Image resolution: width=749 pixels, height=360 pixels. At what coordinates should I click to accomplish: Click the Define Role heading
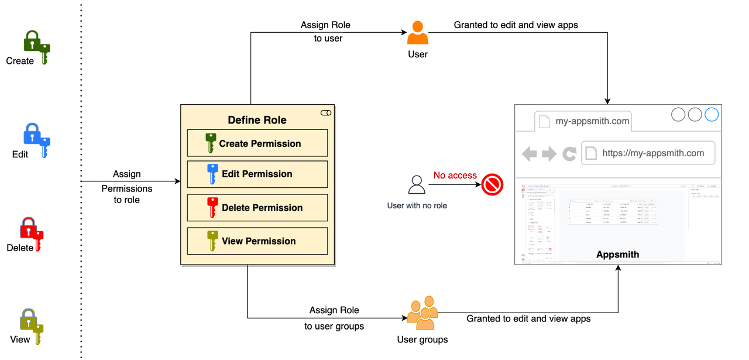(x=257, y=120)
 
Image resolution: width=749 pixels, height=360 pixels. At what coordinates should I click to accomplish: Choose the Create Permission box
(x=257, y=143)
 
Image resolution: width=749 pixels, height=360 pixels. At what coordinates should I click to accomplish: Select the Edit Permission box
(x=257, y=174)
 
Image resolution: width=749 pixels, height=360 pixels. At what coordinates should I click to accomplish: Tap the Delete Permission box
(x=257, y=208)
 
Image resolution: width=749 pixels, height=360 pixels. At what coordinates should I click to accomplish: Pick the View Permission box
(x=257, y=241)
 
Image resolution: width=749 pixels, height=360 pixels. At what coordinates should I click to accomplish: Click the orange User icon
(x=418, y=33)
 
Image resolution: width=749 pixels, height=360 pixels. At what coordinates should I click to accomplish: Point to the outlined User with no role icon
(x=417, y=185)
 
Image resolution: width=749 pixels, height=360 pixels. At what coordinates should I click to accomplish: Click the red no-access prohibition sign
(x=493, y=186)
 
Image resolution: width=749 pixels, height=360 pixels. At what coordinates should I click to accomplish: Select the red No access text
(x=455, y=176)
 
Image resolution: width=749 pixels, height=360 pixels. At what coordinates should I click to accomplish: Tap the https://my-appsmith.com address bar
(x=648, y=153)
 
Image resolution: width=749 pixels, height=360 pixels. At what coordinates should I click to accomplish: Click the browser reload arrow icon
(x=569, y=154)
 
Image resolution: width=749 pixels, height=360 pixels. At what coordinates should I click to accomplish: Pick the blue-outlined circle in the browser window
(x=712, y=114)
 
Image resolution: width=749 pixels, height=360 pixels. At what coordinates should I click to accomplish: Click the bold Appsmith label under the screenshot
(x=617, y=255)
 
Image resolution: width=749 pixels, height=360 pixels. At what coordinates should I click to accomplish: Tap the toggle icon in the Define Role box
(x=326, y=112)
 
